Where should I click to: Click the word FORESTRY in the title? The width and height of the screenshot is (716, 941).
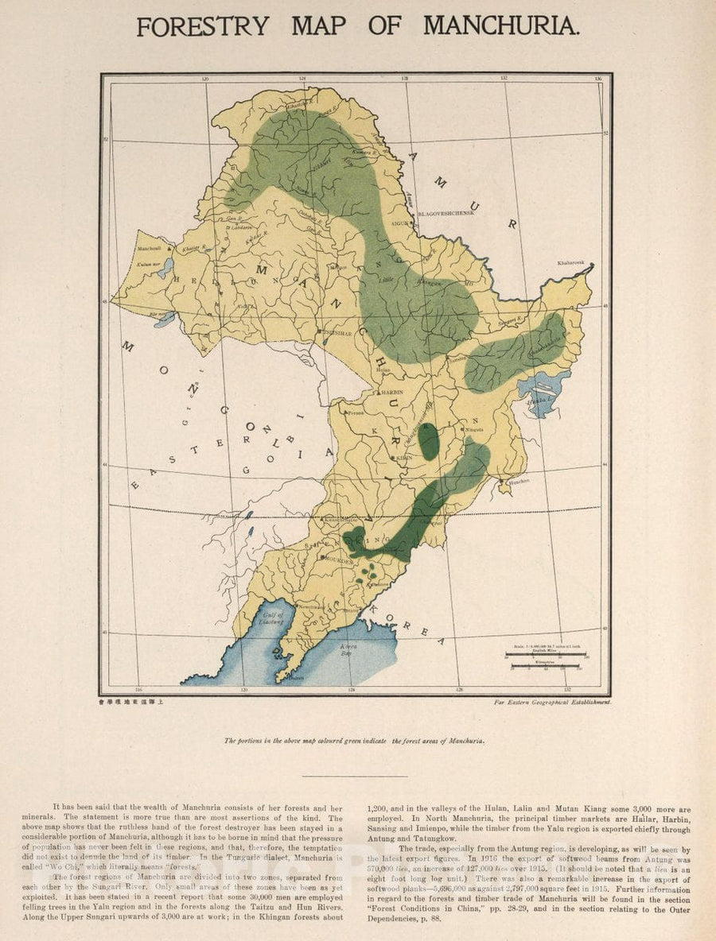[x=203, y=26]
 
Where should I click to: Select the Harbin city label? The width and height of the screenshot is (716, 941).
[x=391, y=393]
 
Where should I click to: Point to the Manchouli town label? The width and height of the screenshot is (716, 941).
[x=149, y=249]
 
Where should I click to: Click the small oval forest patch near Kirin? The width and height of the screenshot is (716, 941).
[x=428, y=442]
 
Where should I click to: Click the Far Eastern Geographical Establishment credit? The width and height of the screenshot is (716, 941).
[x=551, y=703]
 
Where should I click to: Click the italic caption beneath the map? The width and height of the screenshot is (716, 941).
[x=355, y=740]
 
